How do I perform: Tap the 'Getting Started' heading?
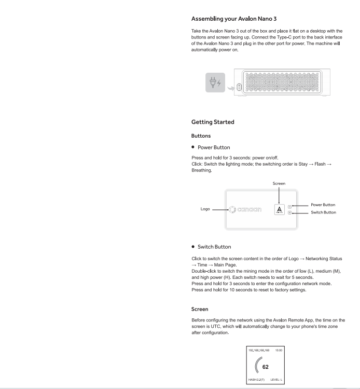pos(213,122)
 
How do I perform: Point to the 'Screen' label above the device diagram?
pos(279,183)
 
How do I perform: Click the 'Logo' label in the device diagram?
pos(205,209)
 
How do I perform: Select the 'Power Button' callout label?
pos(323,205)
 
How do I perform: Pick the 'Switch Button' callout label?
pos(323,212)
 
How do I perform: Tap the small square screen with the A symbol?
pos(280,209)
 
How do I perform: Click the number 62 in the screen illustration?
pos(265,367)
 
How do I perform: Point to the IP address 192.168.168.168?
pos(259,351)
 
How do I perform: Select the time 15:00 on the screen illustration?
pos(279,351)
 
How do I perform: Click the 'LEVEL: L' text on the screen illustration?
pos(276,381)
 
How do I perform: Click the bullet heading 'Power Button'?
pos(214,147)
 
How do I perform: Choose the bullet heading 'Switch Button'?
pos(214,247)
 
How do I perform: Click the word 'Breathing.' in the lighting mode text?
pos(202,170)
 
